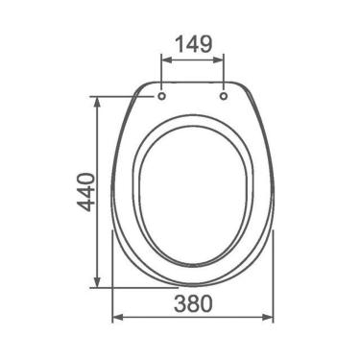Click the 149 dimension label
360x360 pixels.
pos(194,44)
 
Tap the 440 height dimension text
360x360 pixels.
pos(86,192)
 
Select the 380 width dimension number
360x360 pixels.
pos(193,303)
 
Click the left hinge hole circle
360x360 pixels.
pos(162,96)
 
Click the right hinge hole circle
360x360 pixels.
pos(224,96)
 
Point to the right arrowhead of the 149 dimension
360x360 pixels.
pos(218,60)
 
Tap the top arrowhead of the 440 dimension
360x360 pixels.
pos(97,103)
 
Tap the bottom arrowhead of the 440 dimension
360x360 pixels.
pos(97,281)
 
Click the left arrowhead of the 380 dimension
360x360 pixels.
pos(118,317)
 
